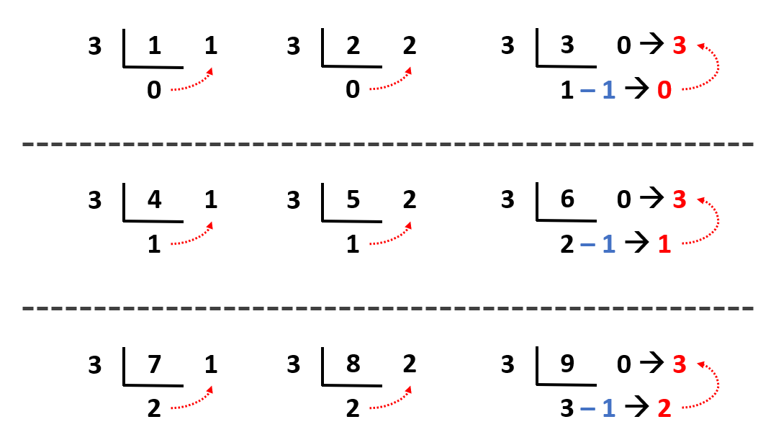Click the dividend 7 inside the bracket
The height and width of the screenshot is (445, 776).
click(154, 364)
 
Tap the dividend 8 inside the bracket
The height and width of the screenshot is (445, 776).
click(353, 364)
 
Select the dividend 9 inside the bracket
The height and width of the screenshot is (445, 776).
click(567, 364)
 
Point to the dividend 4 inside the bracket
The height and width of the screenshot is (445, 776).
click(154, 199)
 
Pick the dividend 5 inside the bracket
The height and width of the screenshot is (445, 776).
click(353, 199)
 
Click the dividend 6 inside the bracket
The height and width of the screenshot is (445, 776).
click(567, 199)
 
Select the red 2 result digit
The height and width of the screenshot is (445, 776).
click(664, 409)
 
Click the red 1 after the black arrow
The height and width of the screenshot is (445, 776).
click(664, 245)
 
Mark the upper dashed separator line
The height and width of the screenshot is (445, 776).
click(388, 144)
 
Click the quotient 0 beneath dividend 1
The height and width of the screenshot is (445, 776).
click(154, 91)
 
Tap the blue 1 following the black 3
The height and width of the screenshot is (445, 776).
click(608, 409)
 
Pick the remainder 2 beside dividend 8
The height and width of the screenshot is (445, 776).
click(410, 364)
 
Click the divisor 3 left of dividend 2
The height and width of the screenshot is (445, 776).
click(293, 47)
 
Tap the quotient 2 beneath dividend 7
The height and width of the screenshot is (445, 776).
click(154, 409)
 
